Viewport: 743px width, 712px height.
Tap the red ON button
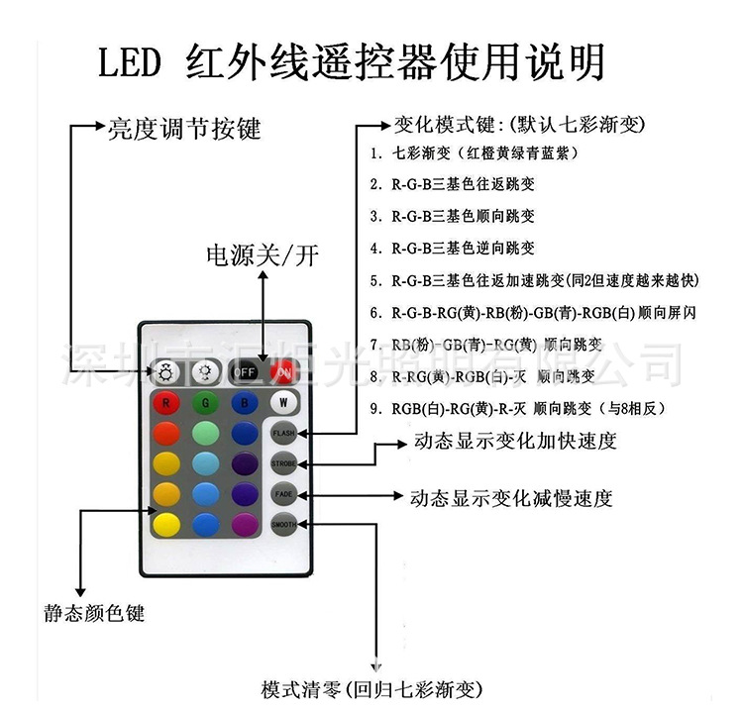(283, 372)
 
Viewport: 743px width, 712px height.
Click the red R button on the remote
(167, 404)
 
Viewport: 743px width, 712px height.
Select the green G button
(204, 404)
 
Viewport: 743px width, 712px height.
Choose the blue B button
(244, 404)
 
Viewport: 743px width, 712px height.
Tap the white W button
(283, 403)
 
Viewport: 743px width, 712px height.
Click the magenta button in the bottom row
(244, 524)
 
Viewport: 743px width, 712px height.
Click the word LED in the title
(129, 64)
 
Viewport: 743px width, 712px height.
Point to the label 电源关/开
(263, 255)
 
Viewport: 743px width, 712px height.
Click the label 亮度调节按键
(183, 128)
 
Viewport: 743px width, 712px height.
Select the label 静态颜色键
(95, 613)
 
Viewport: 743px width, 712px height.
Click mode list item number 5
(534, 280)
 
